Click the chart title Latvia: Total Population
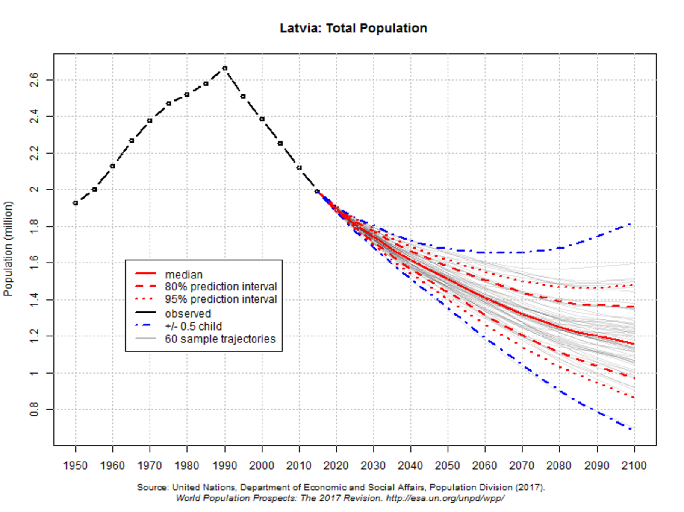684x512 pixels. point(353,28)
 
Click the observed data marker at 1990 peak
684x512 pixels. point(225,68)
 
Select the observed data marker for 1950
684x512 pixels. point(76,203)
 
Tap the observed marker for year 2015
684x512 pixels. point(317,192)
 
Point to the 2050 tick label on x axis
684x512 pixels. point(447,466)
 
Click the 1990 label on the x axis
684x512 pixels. point(224,466)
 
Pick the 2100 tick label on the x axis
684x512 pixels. point(634,466)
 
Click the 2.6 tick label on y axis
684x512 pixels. point(34,80)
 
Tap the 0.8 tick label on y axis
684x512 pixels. point(34,409)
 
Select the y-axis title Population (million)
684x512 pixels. point(8,249)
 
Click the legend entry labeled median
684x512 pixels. point(184,275)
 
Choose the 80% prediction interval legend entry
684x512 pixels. point(221,287)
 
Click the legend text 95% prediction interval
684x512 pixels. point(221,299)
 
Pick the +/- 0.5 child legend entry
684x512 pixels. point(193,326)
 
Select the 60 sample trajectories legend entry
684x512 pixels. point(220,339)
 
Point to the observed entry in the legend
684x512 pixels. point(188,313)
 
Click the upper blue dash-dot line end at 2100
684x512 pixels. point(630,224)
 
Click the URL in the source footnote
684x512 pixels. point(445,498)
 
